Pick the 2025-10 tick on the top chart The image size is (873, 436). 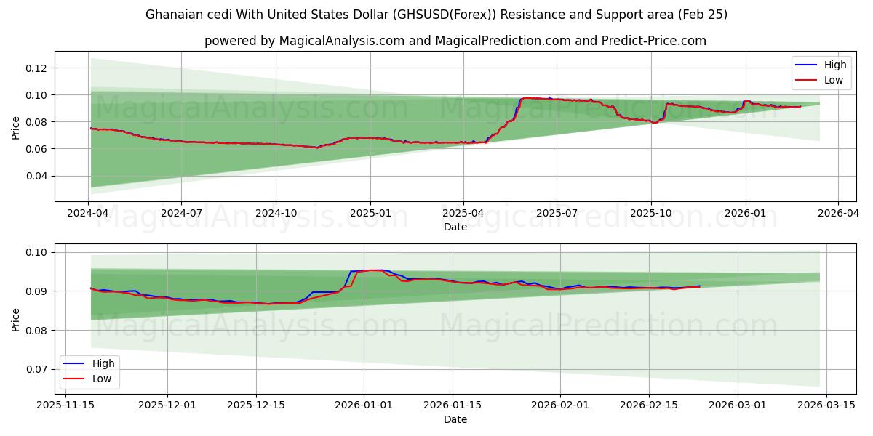point(650,214)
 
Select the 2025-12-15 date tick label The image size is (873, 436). point(256,405)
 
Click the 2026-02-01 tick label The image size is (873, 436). point(560,405)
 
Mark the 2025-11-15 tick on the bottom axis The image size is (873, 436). point(65,405)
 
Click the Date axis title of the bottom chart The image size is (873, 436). point(455,419)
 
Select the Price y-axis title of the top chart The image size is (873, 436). point(16,126)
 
